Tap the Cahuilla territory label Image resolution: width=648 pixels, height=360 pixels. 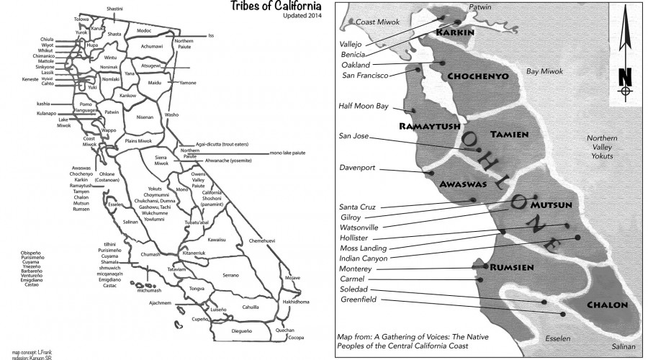coord(250,305)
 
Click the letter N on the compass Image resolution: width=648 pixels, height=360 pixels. coord(624,75)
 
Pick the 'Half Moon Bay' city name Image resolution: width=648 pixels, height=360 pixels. coord(363,106)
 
